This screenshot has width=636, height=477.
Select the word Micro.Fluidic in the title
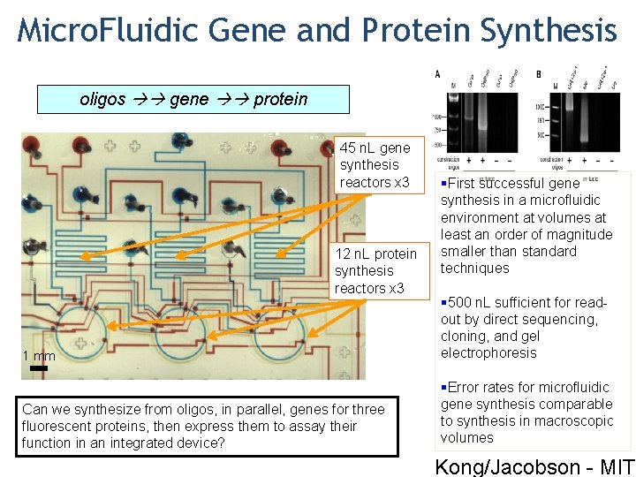[x=109, y=31]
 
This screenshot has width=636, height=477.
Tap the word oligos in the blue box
[x=102, y=99]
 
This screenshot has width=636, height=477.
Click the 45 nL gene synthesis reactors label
[x=375, y=165]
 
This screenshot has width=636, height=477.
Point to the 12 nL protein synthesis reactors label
[x=375, y=271]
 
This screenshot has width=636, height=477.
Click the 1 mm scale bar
[x=39, y=366]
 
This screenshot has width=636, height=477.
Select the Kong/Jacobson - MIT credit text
[x=534, y=466]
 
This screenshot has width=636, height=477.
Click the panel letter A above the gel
[x=438, y=74]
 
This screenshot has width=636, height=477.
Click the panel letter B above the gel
[x=539, y=74]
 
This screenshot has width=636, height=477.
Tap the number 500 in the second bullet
[x=460, y=302]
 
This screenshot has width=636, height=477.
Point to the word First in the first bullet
[x=463, y=184]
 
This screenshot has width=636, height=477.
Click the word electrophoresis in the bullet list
[x=488, y=352]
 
